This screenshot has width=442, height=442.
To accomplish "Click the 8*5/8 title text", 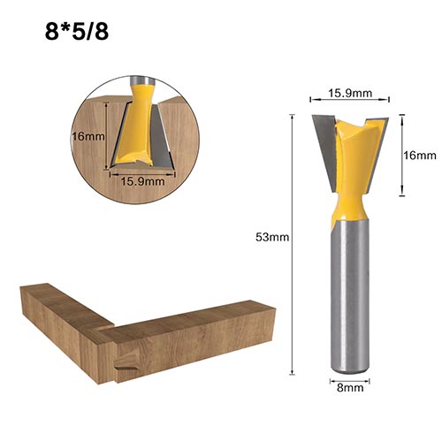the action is point(77,32).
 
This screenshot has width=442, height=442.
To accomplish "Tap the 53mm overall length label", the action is point(272,237).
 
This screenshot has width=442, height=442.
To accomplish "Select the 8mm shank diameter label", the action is point(350,387).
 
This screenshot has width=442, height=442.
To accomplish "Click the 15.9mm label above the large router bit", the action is point(350,94).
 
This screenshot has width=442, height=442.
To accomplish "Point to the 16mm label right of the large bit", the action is point(420,156).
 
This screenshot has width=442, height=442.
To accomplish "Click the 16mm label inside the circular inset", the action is point(88,136).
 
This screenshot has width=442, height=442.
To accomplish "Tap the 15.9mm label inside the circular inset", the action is point(142,181).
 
